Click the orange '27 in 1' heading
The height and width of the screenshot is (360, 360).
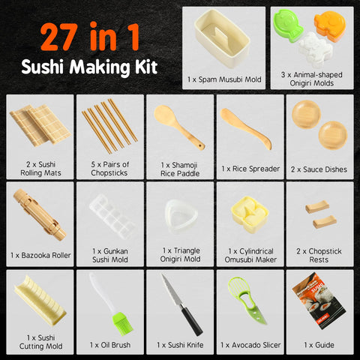(89, 34)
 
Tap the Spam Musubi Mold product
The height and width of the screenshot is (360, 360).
(224, 37)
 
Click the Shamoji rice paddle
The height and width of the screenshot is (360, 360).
(173, 124)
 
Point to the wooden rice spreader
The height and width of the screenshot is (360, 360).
(244, 127)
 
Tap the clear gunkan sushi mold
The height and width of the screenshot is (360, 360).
(110, 214)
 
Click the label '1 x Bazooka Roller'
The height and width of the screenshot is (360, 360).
(41, 255)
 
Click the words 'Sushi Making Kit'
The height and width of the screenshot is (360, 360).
(89, 66)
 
